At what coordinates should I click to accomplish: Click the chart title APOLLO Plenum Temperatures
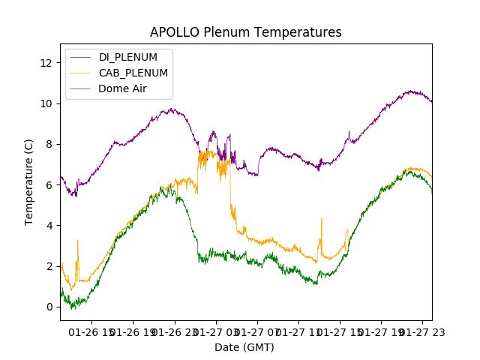click(x=246, y=32)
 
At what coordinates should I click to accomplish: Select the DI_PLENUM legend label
click(x=128, y=57)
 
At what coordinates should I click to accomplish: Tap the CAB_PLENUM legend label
click(x=133, y=73)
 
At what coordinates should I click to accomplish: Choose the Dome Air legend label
click(x=123, y=88)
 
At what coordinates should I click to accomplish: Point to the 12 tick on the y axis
click(x=46, y=63)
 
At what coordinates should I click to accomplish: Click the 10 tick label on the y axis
click(x=46, y=103)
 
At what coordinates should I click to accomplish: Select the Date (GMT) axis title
click(x=244, y=347)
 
